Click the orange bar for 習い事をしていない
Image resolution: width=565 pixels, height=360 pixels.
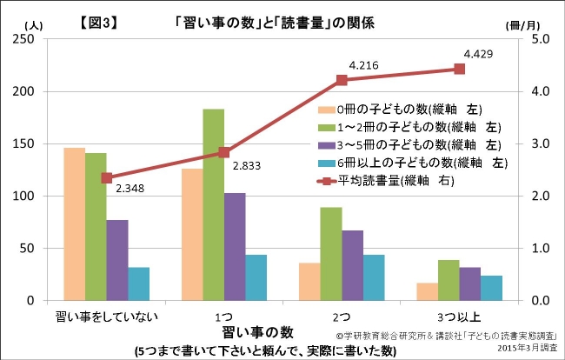(x=74, y=224)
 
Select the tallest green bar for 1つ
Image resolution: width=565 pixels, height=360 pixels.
(x=213, y=205)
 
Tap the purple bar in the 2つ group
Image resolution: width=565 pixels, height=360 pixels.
(x=353, y=265)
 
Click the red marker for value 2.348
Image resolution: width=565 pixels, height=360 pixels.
(x=107, y=177)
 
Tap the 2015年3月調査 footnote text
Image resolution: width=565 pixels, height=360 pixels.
(x=523, y=348)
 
